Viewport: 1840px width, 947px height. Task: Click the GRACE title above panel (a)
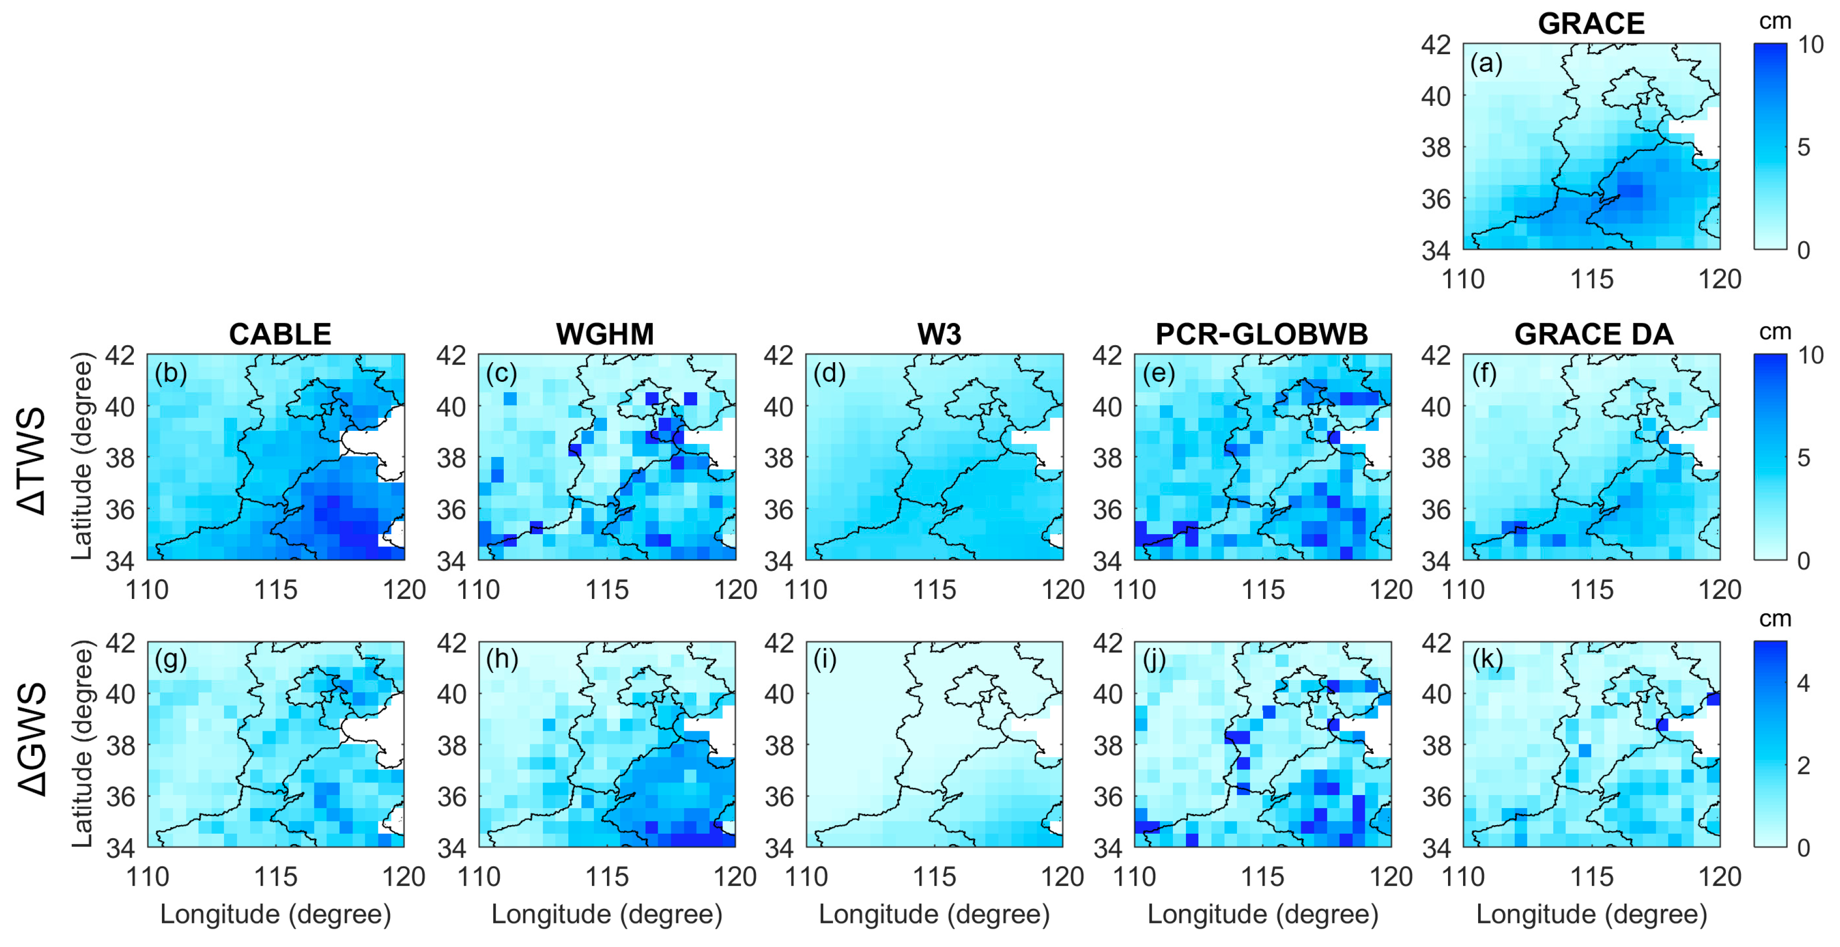click(1591, 24)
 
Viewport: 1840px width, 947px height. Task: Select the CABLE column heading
click(280, 334)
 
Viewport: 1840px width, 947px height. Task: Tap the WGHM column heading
click(604, 334)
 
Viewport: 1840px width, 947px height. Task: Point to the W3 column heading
click(939, 334)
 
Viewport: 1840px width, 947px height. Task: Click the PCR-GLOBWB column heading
click(1262, 334)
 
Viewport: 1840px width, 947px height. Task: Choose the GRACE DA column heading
click(1593, 334)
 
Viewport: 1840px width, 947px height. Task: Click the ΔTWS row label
click(32, 460)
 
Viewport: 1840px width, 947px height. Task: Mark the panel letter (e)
click(1158, 373)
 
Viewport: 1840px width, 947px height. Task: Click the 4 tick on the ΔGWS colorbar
click(1803, 683)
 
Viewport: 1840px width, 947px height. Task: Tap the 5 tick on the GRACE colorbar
click(1803, 147)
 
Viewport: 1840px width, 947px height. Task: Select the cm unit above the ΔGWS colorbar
click(1774, 618)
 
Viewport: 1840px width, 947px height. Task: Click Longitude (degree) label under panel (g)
click(276, 914)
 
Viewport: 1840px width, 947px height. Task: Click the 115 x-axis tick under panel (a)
click(1591, 279)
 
